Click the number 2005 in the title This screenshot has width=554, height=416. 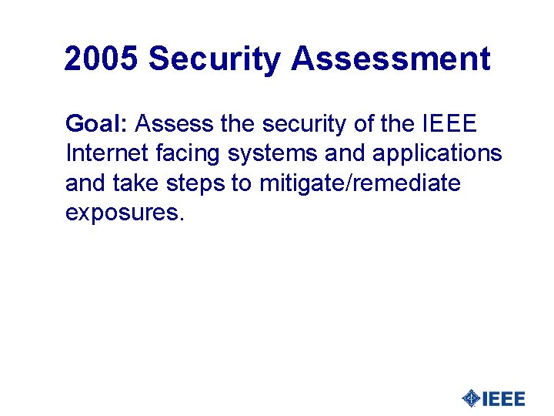102,59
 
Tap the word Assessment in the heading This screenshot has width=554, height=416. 391,59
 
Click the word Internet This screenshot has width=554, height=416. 105,153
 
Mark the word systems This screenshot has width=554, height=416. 272,153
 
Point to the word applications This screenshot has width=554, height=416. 437,153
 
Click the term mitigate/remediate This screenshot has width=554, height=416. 360,183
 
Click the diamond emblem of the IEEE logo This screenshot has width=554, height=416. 470,398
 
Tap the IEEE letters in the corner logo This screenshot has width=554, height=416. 503,398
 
